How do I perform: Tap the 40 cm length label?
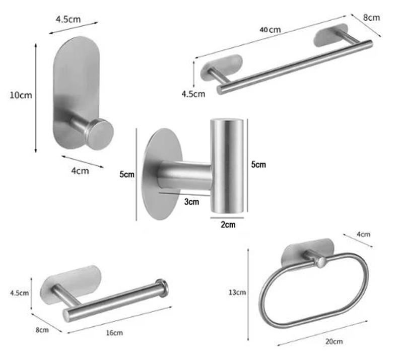[x=270, y=30]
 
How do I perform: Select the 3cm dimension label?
[x=191, y=202]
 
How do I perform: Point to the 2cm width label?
[x=228, y=225]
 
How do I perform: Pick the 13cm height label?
[x=237, y=292]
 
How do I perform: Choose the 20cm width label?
[x=333, y=341]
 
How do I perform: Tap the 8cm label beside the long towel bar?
[x=372, y=18]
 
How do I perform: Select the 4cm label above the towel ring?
[x=363, y=234]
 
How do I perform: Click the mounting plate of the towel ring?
[x=308, y=253]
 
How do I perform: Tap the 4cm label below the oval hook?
[x=80, y=171]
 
